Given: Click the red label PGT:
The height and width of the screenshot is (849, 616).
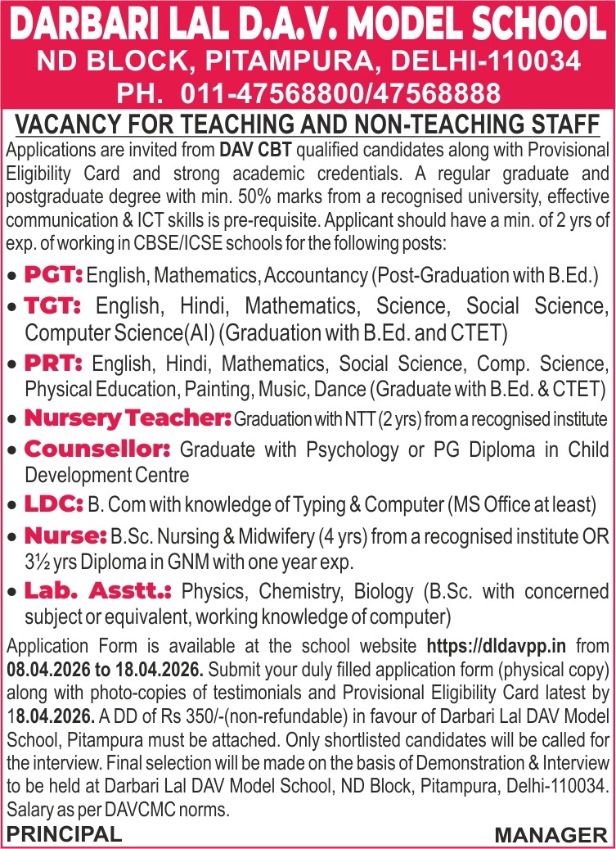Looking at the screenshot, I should click(54, 274).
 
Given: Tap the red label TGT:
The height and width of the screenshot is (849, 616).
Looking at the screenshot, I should click(53, 306).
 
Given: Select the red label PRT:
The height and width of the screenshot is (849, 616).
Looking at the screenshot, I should click(53, 363).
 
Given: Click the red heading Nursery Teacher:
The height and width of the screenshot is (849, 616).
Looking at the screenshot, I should click(128, 418).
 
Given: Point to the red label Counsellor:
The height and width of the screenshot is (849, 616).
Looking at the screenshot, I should click(97, 449).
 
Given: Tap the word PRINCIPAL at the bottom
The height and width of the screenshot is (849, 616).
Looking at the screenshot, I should click(64, 834).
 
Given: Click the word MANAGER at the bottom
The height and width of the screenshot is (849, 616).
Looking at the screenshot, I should click(551, 835).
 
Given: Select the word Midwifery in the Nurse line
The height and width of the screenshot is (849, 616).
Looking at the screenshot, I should click(287, 537).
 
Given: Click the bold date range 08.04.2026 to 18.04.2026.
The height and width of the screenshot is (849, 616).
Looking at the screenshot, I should click(105, 668).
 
